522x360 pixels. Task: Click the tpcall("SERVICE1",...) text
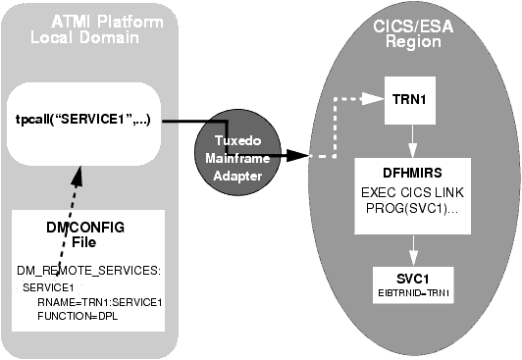[x=83, y=122]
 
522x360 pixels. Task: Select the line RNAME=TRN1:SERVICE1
[x=95, y=303]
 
